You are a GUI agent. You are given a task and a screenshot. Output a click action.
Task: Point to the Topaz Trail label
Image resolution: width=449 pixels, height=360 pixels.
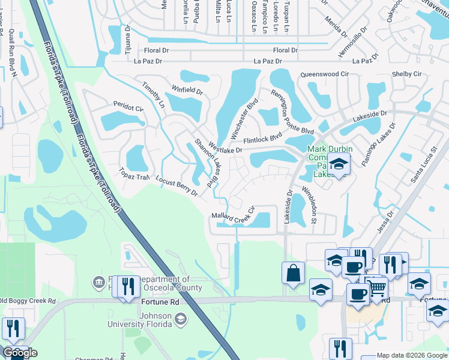click(x=134, y=173)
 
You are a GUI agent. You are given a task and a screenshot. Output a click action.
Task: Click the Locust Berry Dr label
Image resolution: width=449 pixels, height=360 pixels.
click(x=176, y=186)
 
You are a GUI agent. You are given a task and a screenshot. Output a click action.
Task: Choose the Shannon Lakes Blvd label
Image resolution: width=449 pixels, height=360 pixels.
click(x=205, y=162)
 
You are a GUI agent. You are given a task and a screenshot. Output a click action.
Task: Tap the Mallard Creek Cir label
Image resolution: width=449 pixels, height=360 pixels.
click(x=234, y=213)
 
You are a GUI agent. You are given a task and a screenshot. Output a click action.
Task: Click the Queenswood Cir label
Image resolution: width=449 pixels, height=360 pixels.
click(x=324, y=74)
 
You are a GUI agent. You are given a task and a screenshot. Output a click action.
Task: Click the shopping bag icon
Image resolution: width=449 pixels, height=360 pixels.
click(x=292, y=272)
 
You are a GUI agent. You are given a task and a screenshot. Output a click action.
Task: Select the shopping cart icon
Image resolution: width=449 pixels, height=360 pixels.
click(x=376, y=288)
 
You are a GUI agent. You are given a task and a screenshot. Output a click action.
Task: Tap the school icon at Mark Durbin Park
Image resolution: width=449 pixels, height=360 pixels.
click(x=339, y=164)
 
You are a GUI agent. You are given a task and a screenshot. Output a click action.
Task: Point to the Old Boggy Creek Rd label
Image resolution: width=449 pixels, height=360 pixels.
click(x=27, y=301)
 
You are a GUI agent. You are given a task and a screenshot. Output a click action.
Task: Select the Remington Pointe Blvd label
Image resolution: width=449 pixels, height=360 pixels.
click(x=291, y=113)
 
